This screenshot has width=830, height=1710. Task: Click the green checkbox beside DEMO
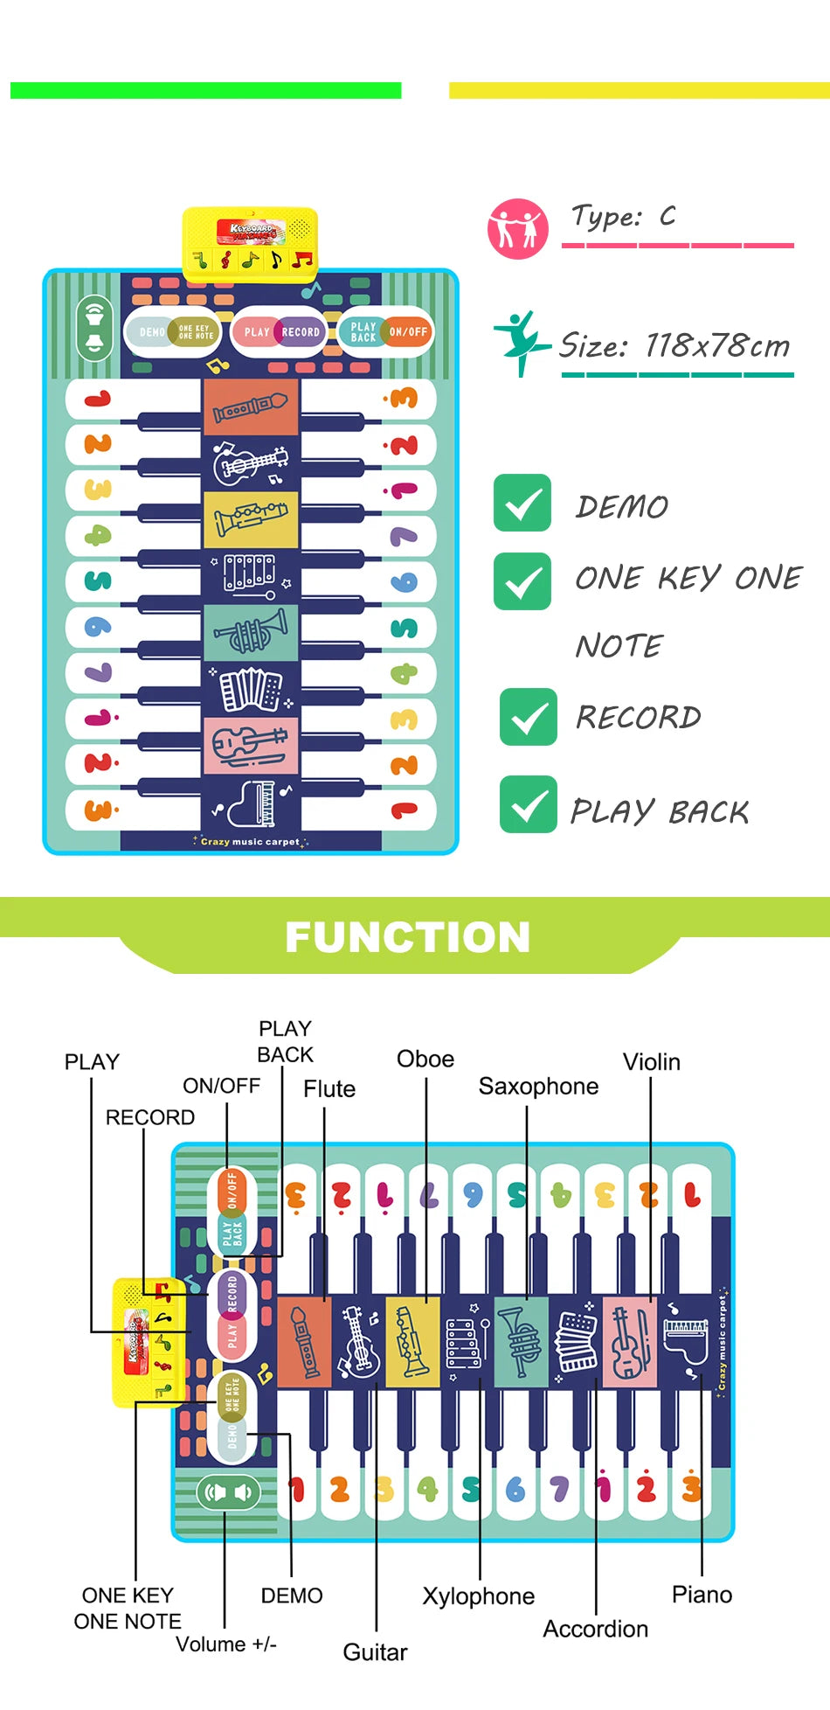tap(522, 503)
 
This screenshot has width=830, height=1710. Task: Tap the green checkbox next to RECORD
tap(528, 717)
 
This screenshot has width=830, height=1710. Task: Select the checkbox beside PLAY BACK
tap(528, 804)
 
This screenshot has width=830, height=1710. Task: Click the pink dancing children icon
tap(517, 228)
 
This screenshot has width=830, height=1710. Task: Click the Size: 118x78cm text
tap(674, 346)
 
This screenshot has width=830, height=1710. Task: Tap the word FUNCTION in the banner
tap(407, 937)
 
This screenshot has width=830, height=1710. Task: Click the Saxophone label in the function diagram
tap(538, 1087)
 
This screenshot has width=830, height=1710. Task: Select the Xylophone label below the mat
tap(478, 1596)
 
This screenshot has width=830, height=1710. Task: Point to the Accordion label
tap(595, 1630)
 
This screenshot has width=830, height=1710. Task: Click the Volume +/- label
tap(225, 1644)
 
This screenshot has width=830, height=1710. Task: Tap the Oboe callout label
tap(425, 1060)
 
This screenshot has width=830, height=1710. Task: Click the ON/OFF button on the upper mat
tap(408, 332)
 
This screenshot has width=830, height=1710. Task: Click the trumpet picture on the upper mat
tap(251, 632)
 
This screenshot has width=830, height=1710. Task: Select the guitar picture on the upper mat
tap(251, 463)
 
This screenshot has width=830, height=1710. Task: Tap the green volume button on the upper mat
tap(95, 328)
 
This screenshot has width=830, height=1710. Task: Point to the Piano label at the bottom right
tap(702, 1595)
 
